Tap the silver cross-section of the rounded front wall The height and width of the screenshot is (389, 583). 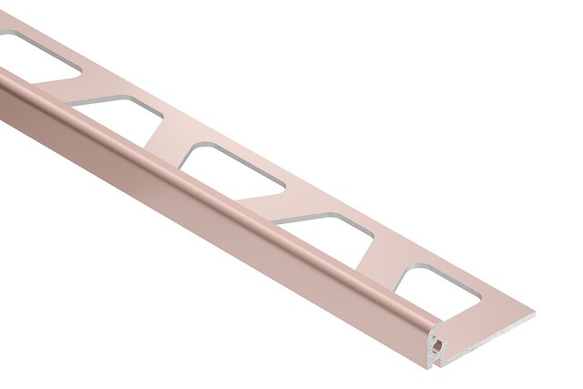[435, 351]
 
